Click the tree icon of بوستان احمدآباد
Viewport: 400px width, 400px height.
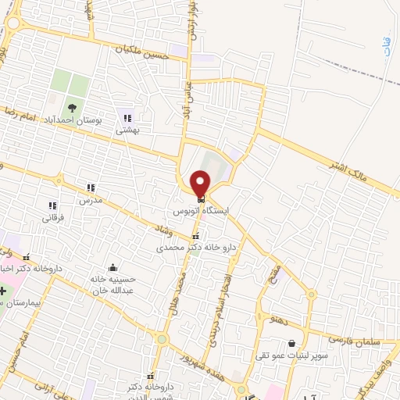click(x=72, y=109)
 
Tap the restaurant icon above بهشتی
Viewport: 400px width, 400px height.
click(x=127, y=118)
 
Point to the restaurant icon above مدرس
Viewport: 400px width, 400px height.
click(x=91, y=187)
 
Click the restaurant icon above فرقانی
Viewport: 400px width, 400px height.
click(x=52, y=205)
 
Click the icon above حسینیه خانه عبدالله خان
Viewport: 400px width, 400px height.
click(x=114, y=266)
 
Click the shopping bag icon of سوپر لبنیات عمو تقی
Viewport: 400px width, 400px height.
click(x=291, y=343)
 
